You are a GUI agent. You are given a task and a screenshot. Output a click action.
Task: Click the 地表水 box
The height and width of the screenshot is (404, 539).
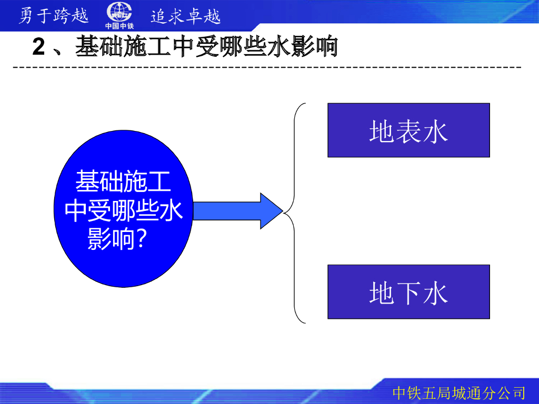408,130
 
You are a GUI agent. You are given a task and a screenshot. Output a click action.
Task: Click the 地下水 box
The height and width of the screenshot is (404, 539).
408,291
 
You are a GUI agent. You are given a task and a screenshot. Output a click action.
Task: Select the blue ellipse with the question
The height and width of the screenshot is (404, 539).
123,210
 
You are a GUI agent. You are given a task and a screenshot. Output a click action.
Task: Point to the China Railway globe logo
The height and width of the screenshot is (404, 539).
119,12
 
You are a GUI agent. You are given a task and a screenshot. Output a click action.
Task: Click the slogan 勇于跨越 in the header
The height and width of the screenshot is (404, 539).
53,16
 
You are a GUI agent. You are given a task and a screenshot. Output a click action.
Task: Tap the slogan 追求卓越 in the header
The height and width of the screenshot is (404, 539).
185,16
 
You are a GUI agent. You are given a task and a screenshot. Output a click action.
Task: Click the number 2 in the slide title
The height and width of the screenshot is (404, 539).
38,47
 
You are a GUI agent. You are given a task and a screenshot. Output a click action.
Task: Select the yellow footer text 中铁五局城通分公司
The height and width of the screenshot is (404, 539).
459,392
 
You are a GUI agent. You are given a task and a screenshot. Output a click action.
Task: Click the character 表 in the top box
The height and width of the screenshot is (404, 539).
408,131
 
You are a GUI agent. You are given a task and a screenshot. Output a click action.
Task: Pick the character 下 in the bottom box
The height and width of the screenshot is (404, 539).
408,292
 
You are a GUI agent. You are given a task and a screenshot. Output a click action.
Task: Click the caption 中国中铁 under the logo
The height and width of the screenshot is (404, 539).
119,25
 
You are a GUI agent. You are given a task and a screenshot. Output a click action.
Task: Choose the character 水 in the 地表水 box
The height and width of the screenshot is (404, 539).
435,131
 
